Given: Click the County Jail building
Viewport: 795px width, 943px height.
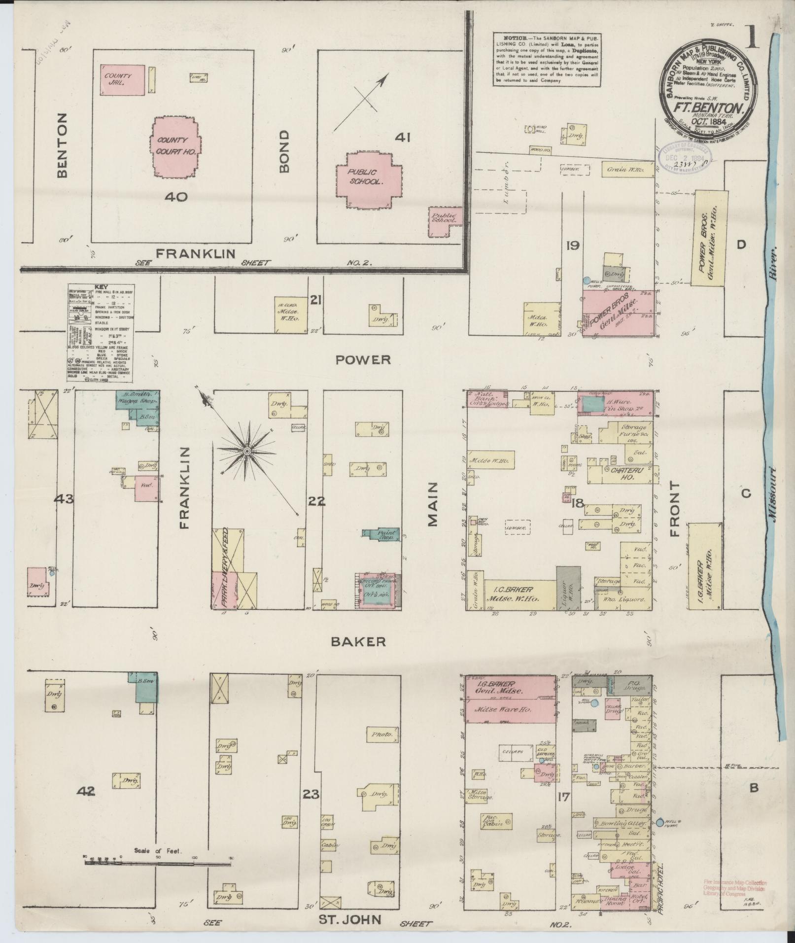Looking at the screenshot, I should tap(123, 79).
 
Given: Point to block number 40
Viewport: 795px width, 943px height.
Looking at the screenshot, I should tap(176, 197).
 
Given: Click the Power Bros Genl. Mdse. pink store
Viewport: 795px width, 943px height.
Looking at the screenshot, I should tap(619, 313).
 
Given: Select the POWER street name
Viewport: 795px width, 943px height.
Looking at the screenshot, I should tap(363, 359).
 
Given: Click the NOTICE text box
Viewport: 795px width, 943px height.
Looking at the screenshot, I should tap(547, 59).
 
